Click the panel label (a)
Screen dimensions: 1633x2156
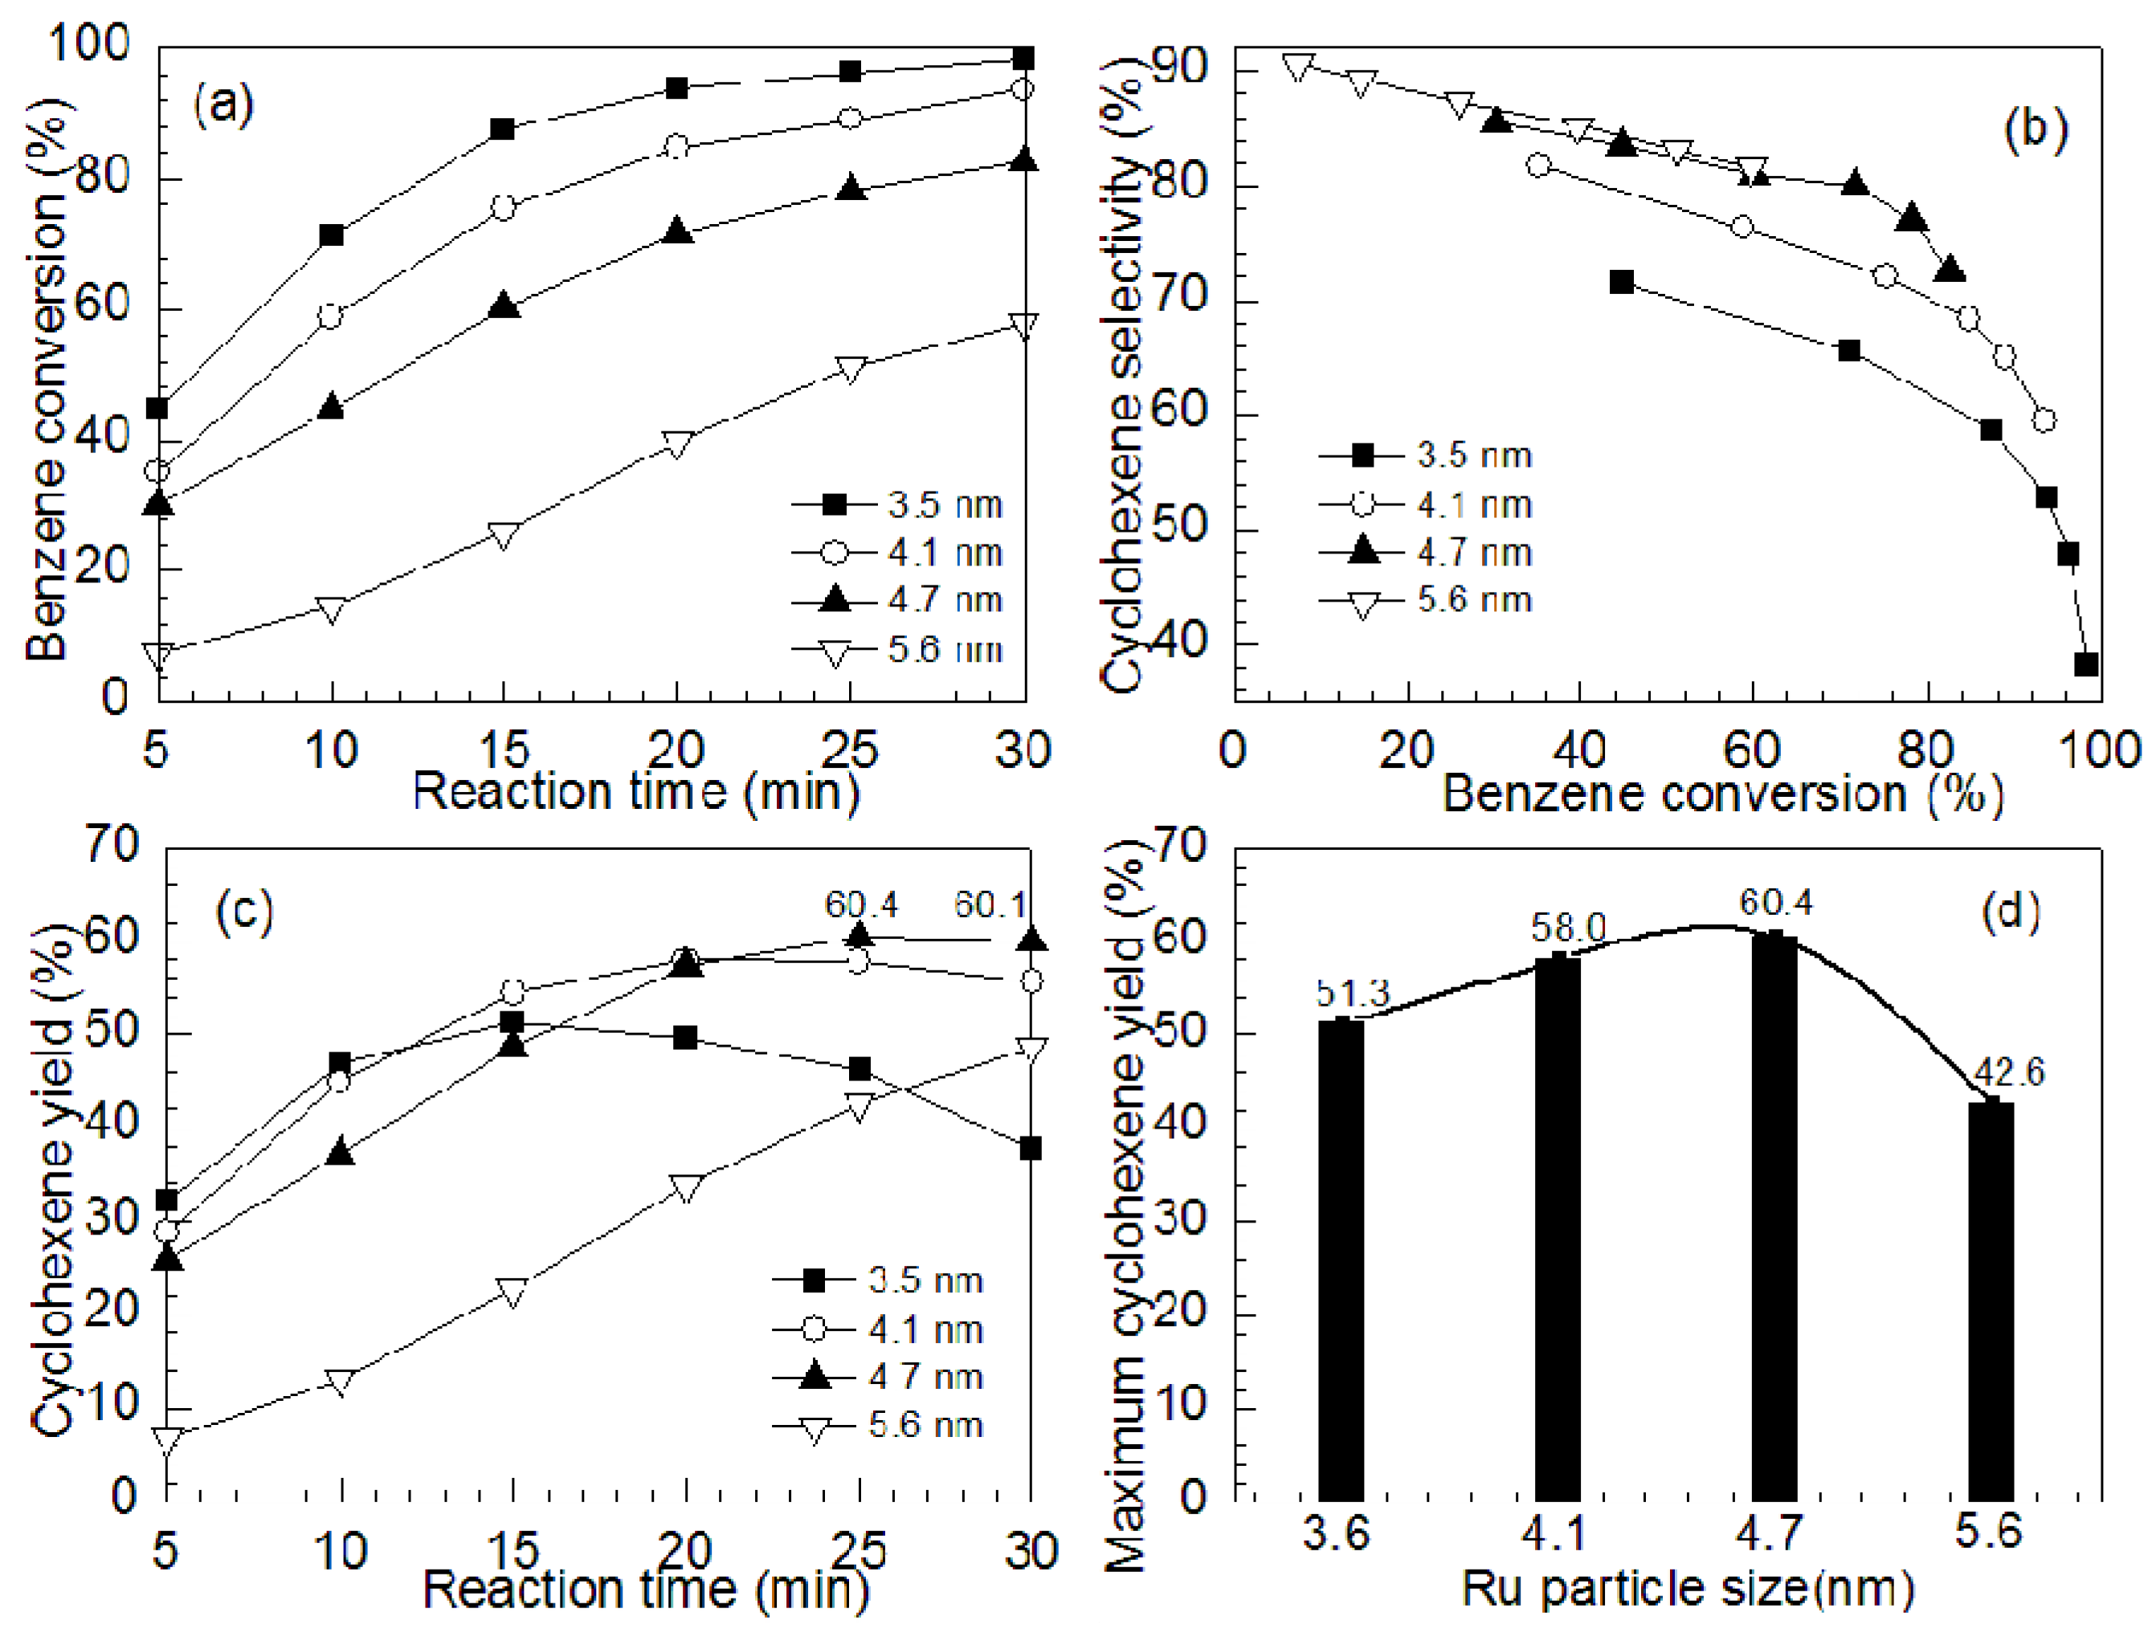[x=223, y=104]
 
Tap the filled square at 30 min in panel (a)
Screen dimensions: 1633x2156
[x=1023, y=59]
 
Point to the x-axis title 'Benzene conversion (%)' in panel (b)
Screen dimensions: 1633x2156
[x=1721, y=793]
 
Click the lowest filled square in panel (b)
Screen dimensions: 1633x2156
[x=2086, y=665]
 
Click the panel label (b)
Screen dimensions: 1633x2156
[x=2036, y=129]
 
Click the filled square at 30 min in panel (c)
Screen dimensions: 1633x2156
[x=1031, y=1149]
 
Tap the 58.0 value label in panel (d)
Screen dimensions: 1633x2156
[x=1567, y=928]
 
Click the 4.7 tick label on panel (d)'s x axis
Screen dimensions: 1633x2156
[x=1769, y=1533]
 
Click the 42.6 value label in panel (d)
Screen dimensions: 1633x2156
[x=2009, y=1072]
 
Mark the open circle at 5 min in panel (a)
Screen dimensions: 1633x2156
[x=157, y=472]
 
